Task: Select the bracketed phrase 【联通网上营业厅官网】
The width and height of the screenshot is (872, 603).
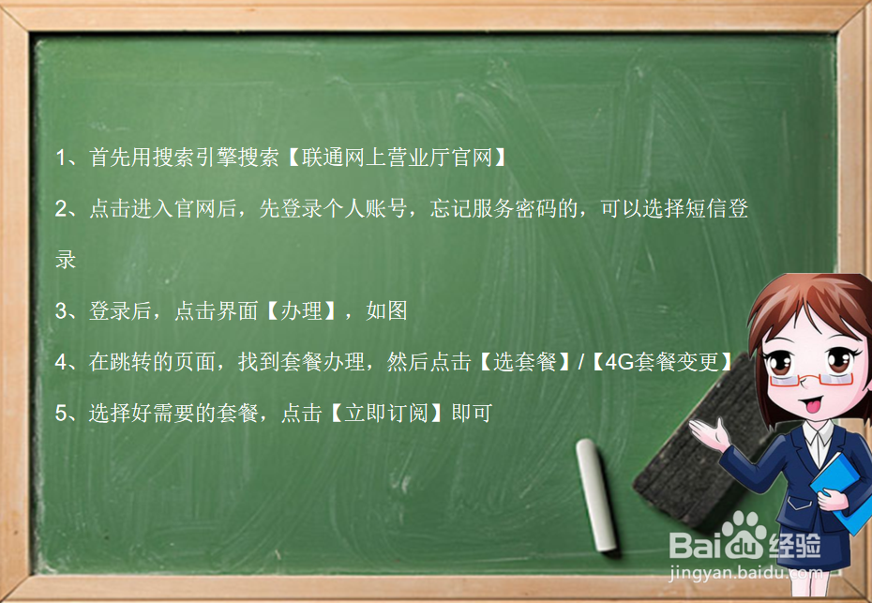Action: [x=396, y=158]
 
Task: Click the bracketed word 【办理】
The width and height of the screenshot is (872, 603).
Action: [x=301, y=311]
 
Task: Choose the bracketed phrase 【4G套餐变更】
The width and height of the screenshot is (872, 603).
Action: [x=661, y=362]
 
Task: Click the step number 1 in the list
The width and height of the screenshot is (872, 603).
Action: [x=61, y=158]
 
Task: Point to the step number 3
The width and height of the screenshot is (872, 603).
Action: [x=61, y=311]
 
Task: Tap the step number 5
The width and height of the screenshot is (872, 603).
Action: [x=61, y=413]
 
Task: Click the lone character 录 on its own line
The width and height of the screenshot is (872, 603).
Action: [x=66, y=260]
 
